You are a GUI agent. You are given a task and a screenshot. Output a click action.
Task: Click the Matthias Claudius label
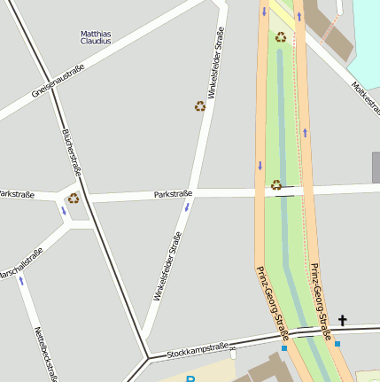tap(96, 37)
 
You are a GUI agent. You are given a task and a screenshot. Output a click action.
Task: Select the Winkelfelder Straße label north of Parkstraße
tap(214, 63)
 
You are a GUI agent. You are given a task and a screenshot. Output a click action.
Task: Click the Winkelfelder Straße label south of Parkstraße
tap(167, 266)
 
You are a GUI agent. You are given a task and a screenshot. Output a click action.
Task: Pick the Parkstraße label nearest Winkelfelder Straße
tap(173, 193)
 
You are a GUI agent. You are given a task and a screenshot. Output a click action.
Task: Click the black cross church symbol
tap(342, 321)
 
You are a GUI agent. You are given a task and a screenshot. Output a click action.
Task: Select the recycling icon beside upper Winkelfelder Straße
tap(200, 106)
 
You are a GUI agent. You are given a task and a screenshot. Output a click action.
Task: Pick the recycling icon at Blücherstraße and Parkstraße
tap(74, 198)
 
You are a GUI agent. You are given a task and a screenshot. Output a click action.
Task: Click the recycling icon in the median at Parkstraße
tap(276, 185)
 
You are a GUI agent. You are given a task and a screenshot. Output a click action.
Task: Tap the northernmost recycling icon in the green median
tap(281, 37)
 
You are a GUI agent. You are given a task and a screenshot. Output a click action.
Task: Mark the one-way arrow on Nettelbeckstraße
tap(21, 280)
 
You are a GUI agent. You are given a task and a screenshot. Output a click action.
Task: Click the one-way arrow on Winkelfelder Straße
tap(187, 207)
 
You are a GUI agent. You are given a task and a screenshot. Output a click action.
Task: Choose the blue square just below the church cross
tap(337, 343)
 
